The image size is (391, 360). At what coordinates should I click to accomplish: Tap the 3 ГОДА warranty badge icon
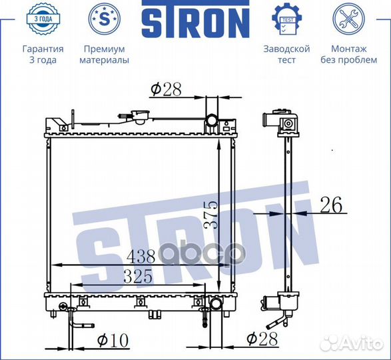43,19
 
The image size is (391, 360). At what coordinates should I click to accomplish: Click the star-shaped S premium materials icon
103,19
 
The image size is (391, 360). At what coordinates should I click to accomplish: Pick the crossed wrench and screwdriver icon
348,19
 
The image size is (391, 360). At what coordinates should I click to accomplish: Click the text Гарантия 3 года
43,55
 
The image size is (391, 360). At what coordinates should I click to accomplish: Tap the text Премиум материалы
104,55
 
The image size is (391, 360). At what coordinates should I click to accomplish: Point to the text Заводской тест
287,55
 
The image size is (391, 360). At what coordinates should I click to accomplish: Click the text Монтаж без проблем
348,55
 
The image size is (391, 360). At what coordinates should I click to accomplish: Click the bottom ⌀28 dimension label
260,339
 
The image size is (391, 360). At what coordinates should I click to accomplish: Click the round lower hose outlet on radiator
217,305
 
